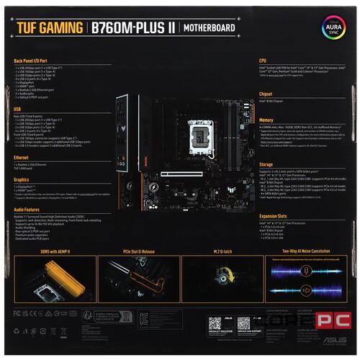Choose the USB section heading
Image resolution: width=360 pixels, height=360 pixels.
click(18, 109)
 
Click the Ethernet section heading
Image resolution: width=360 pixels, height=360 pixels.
click(22, 156)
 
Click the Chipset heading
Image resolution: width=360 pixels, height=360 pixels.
click(266, 94)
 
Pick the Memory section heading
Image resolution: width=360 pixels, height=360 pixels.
click(266, 120)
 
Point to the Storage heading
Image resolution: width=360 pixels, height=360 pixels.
click(267, 163)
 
